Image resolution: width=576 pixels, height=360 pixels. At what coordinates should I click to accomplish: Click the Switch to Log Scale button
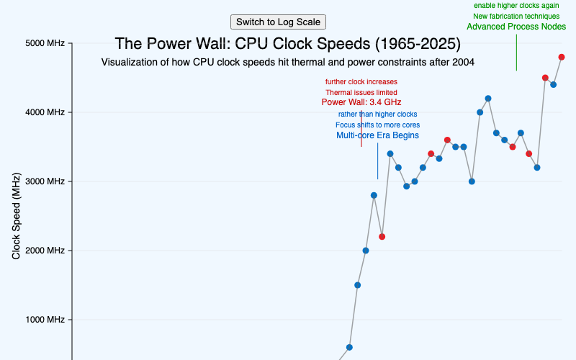click(x=278, y=22)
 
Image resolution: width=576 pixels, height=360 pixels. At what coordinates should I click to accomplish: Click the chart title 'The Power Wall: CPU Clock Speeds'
click(x=288, y=44)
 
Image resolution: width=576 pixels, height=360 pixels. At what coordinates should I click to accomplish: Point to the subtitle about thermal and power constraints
click(x=288, y=63)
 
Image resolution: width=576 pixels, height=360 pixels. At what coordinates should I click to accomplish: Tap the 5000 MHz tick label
click(x=46, y=43)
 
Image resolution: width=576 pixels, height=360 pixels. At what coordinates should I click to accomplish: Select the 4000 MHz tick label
click(x=46, y=112)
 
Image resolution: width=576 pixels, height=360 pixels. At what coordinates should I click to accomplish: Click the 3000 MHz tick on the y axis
click(x=46, y=181)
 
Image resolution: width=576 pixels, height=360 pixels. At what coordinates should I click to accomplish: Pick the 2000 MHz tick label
click(x=46, y=251)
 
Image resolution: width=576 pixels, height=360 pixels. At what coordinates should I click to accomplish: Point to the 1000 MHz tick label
click(x=46, y=320)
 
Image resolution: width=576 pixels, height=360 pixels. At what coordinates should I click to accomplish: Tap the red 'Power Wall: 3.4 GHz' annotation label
click(x=361, y=102)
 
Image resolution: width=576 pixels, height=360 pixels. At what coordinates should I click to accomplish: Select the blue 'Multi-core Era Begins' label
click(x=377, y=135)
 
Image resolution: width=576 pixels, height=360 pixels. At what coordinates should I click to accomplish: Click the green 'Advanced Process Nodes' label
click(x=516, y=27)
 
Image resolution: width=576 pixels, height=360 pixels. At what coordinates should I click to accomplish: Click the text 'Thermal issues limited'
click(x=361, y=92)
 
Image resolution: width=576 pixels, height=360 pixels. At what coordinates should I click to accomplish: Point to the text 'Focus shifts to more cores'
click(x=377, y=125)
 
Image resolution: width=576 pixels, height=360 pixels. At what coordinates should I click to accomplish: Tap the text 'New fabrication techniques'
click(x=516, y=16)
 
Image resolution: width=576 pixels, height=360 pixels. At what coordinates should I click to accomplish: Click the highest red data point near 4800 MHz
click(x=562, y=57)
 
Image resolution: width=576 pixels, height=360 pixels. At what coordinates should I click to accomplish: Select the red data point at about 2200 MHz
click(x=382, y=237)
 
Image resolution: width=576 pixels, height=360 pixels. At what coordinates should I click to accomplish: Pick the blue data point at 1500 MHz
click(x=357, y=285)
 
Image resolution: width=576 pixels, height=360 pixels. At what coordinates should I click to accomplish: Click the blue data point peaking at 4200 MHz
click(x=488, y=98)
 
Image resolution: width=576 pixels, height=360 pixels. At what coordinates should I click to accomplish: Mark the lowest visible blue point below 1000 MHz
click(x=349, y=347)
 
